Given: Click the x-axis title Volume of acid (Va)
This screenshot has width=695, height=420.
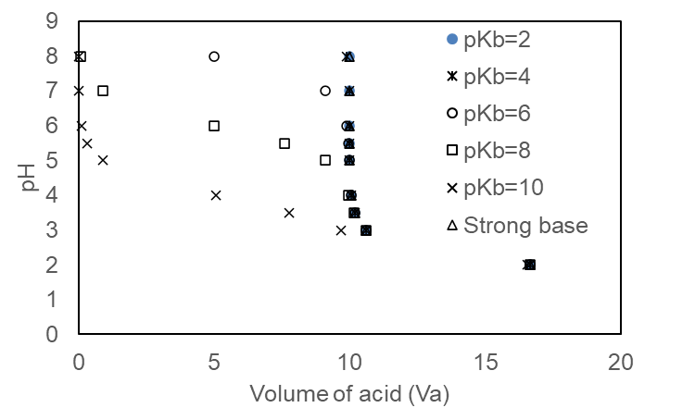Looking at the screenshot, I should pyautogui.click(x=348, y=395).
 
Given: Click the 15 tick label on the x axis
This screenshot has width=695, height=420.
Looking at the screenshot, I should pyautogui.click(x=486, y=361).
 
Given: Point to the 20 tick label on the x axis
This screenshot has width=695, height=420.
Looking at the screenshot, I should pyautogui.click(x=621, y=361).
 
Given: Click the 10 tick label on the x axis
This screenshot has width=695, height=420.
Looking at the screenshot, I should pyautogui.click(x=349, y=361).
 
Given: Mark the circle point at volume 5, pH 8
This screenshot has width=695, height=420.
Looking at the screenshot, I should pyautogui.click(x=214, y=56).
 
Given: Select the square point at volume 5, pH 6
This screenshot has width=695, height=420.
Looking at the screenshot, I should pyautogui.click(x=214, y=126).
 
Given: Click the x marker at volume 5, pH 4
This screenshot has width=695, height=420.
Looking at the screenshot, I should pyautogui.click(x=216, y=195).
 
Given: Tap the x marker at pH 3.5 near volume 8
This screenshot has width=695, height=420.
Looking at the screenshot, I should pyautogui.click(x=289, y=213).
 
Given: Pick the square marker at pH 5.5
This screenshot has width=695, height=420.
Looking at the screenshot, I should pyautogui.click(x=284, y=143).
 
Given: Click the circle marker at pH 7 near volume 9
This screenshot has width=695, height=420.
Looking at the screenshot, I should pyautogui.click(x=325, y=91).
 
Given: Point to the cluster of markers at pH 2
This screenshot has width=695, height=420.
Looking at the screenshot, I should pyautogui.click(x=529, y=265).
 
